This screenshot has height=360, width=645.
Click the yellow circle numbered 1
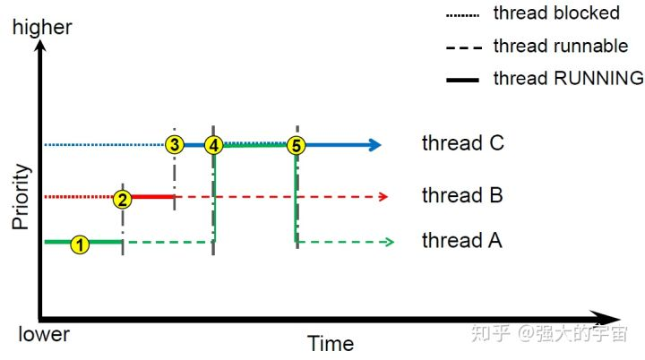coord(81,244)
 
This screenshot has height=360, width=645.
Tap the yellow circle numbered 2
coord(123,198)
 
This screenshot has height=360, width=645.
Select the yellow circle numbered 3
coord(175,145)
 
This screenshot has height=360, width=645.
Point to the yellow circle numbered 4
coord(213,145)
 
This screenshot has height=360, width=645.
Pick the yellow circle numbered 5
coord(297,145)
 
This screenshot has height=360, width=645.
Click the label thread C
coord(463,143)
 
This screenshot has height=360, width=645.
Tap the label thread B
coord(463,196)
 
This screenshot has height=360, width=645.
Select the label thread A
coord(463,241)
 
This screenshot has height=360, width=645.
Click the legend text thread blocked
coord(556,13)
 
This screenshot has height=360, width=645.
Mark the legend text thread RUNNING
coord(568,78)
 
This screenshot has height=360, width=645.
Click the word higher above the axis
coord(42,28)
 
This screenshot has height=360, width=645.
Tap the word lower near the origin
coord(44,334)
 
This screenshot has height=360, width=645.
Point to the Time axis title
coord(331,343)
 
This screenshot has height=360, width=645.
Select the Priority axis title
coord(21,197)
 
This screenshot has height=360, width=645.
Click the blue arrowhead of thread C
coord(375,145)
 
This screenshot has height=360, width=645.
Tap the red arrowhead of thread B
coord(384,196)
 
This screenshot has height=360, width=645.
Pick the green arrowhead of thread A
coord(387,242)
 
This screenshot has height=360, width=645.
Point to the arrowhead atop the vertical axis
coord(39,47)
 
